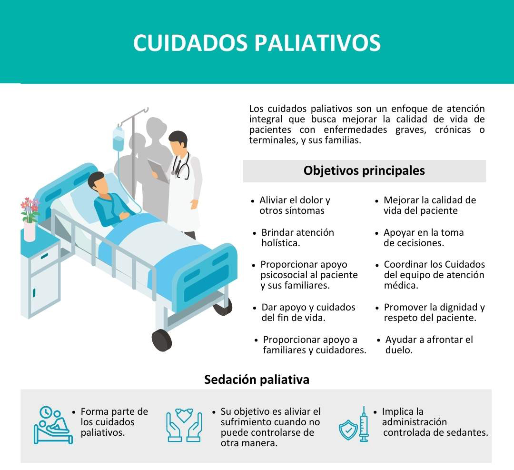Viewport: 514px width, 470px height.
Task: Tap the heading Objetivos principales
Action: coord(364,170)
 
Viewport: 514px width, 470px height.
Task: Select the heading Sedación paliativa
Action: coord(257,380)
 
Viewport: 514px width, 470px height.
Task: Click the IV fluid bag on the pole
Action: coord(119,139)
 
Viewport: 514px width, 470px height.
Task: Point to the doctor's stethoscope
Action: coord(181,167)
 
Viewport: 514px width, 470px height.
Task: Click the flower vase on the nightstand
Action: coord(30,231)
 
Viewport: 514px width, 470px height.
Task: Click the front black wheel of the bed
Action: coord(162,340)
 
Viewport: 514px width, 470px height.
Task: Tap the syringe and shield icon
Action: coord(354,425)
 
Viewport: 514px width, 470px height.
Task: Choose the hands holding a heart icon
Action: coord(184,425)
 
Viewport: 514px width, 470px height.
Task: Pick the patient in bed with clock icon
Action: coord(53,425)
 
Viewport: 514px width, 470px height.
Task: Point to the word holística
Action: coord(281,243)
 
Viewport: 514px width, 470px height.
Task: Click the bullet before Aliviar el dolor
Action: coord(252,201)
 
